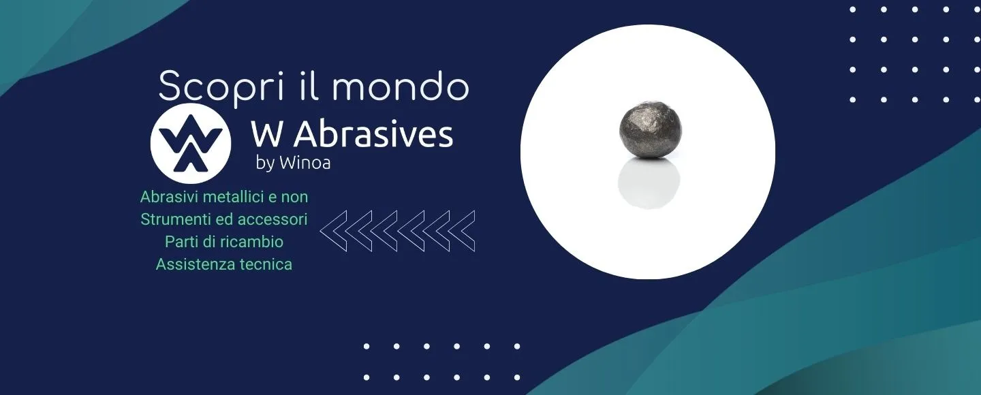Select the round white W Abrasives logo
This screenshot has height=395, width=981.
[x=191, y=144]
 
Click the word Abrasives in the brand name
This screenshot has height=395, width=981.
[x=373, y=134]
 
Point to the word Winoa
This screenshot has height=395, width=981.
[x=305, y=163]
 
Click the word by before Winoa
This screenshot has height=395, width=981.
[x=266, y=163]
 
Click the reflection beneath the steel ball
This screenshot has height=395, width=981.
[x=649, y=183]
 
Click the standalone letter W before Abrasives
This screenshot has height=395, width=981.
[x=266, y=134]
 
